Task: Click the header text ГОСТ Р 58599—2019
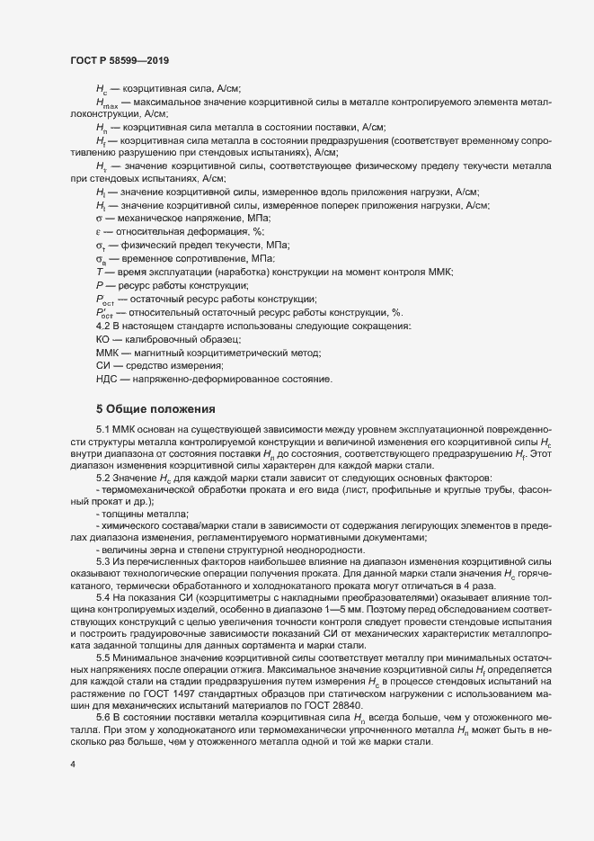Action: (120, 60)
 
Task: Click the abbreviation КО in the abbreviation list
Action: (103, 339)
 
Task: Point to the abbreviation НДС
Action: (106, 380)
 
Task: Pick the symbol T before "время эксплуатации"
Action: (98, 271)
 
